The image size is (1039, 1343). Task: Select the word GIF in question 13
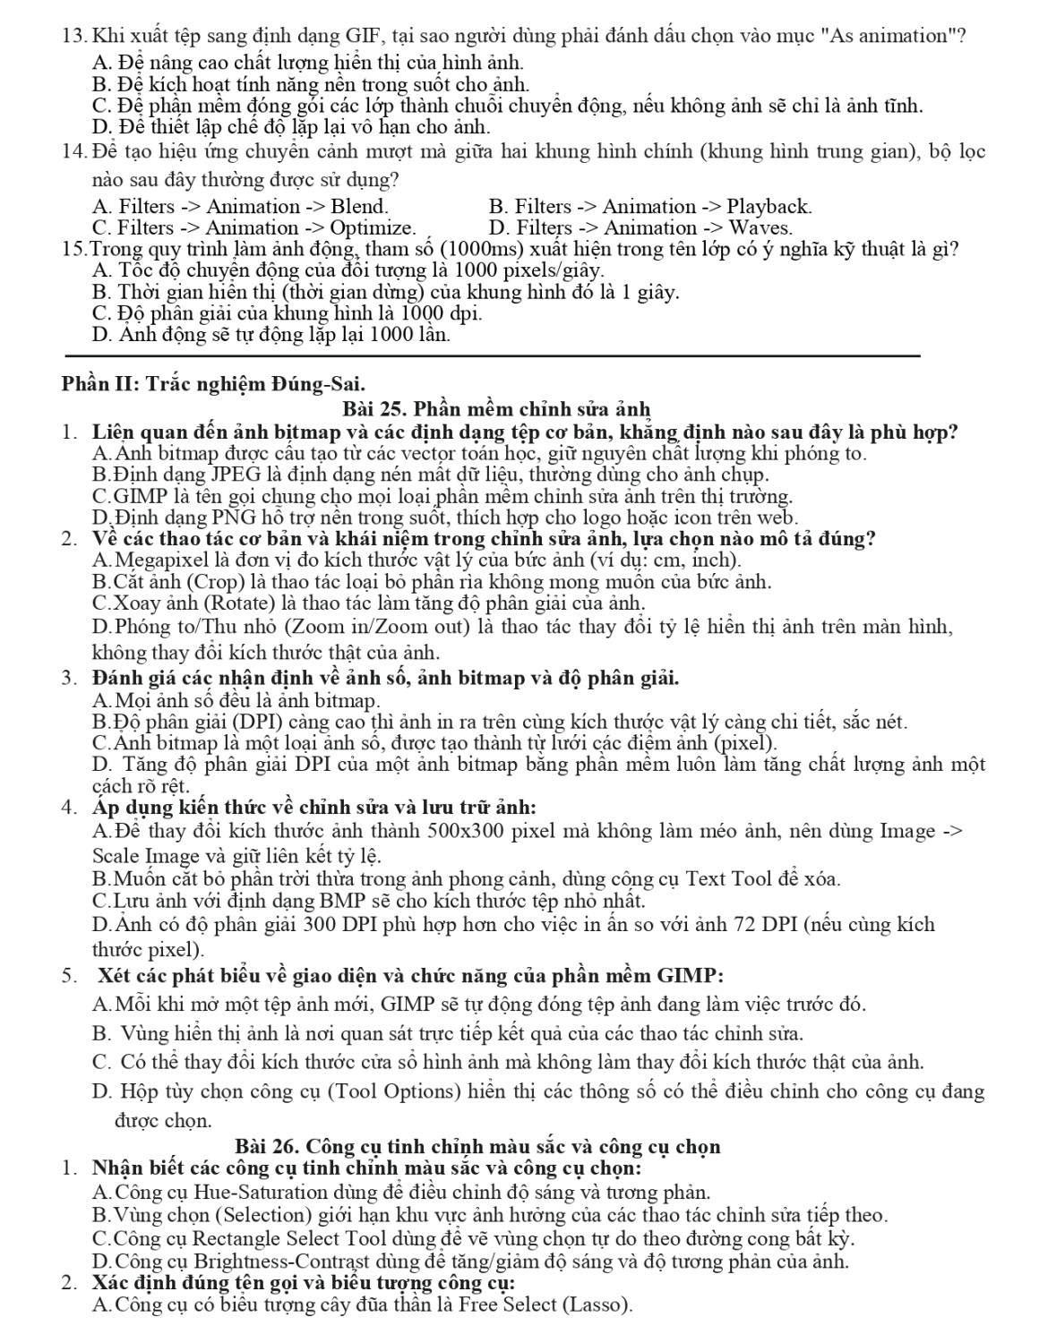click(x=364, y=37)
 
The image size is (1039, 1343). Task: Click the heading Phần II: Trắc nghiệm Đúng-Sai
click(x=213, y=385)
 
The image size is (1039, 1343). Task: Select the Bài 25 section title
click(x=495, y=410)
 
